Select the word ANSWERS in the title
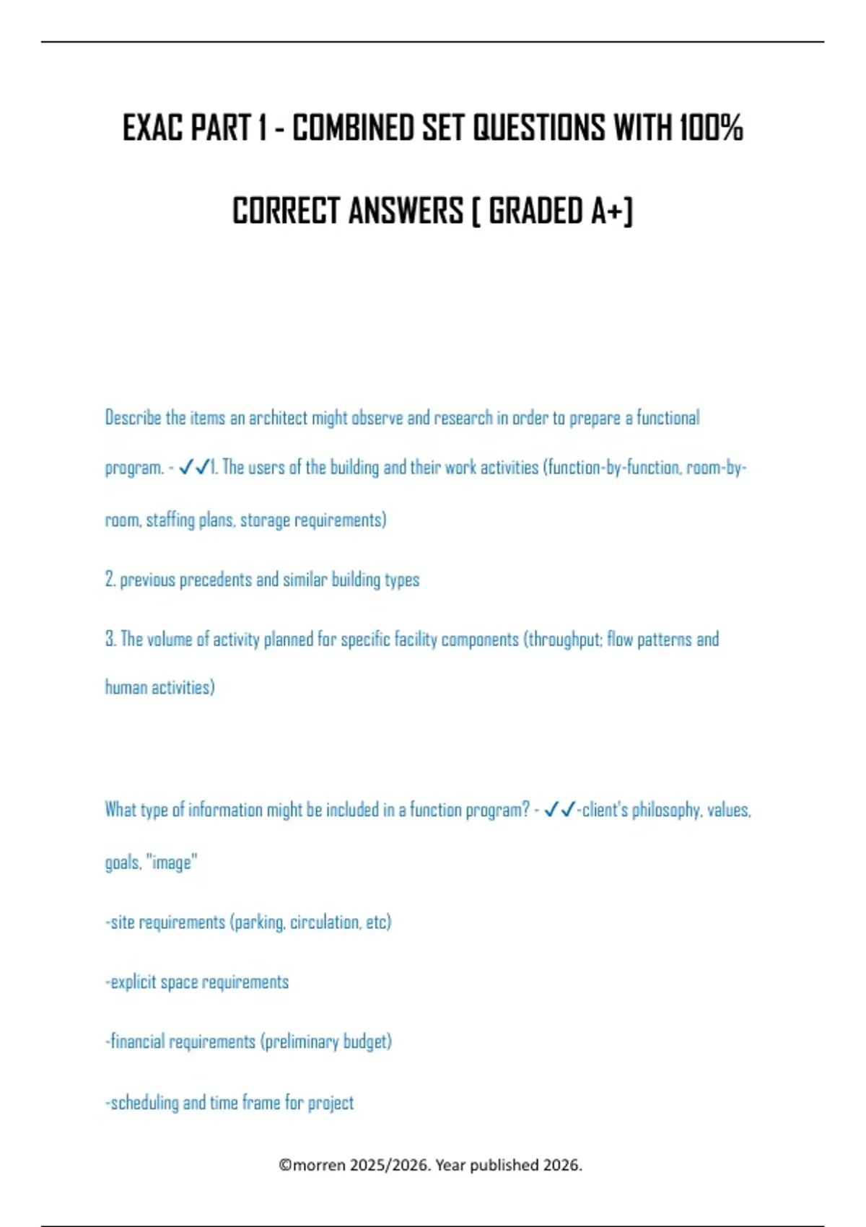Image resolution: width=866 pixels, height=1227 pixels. tap(406, 211)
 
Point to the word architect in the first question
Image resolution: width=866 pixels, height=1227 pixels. tap(278, 418)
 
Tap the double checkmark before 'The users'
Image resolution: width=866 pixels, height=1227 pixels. tap(193, 468)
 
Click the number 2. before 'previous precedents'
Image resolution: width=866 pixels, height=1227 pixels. tap(110, 580)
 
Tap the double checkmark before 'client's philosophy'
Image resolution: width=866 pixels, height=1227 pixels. tap(559, 810)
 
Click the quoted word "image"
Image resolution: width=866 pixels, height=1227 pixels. tap(172, 863)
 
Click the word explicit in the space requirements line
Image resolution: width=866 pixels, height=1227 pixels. tap(134, 982)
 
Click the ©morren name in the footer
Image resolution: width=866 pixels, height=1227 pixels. tap(312, 1165)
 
